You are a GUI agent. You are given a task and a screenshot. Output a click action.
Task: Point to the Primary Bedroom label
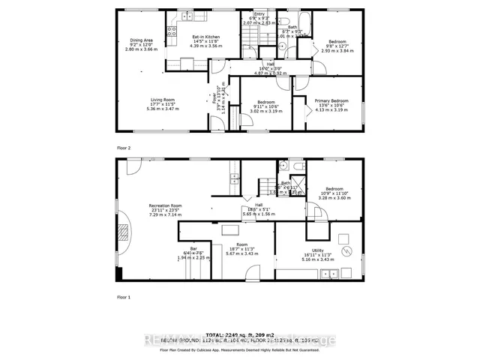click(x=331, y=104)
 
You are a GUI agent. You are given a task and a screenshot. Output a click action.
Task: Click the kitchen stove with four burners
click(x=171, y=32)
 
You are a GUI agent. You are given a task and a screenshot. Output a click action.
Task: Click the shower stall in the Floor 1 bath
click(x=298, y=184)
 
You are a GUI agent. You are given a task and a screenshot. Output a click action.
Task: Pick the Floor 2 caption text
click(x=122, y=148)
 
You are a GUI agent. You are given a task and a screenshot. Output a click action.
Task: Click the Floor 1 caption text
click(x=122, y=298)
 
